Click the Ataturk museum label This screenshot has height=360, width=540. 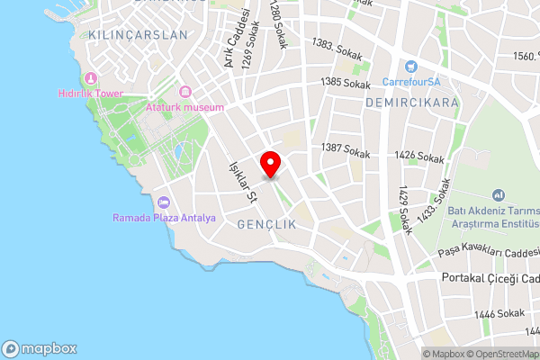click(x=184, y=108)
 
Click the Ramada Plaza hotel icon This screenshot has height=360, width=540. click(x=164, y=202)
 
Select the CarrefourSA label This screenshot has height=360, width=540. click(x=411, y=81)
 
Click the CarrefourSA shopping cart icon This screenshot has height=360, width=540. click(x=411, y=66)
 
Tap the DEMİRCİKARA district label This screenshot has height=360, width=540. click(x=412, y=103)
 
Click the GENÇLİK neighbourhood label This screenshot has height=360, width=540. click(x=267, y=222)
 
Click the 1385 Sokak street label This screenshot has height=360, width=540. click(x=346, y=84)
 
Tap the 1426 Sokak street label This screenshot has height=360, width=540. click(x=418, y=157)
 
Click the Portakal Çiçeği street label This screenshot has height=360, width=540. click(x=490, y=279)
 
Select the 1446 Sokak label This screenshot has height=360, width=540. click(x=499, y=314)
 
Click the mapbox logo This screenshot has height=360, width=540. click(x=40, y=348)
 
